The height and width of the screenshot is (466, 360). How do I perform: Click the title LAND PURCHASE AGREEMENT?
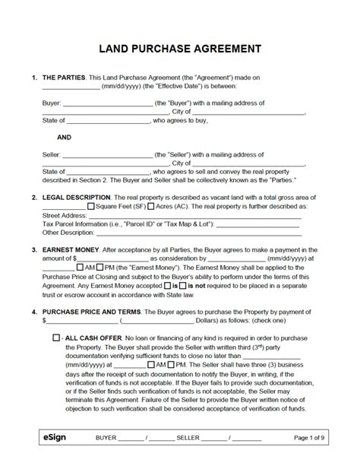pyautogui.click(x=180, y=49)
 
